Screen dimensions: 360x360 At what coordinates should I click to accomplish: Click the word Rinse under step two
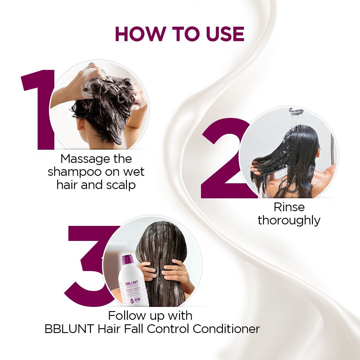[x=289, y=207]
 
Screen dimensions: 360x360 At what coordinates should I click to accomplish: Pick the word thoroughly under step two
[x=289, y=220]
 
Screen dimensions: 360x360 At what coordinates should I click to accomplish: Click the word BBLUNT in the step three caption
[x=69, y=329]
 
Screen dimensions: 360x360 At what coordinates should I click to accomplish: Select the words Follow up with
[x=150, y=316]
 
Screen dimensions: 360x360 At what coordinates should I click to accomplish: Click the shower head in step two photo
[x=296, y=111]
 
